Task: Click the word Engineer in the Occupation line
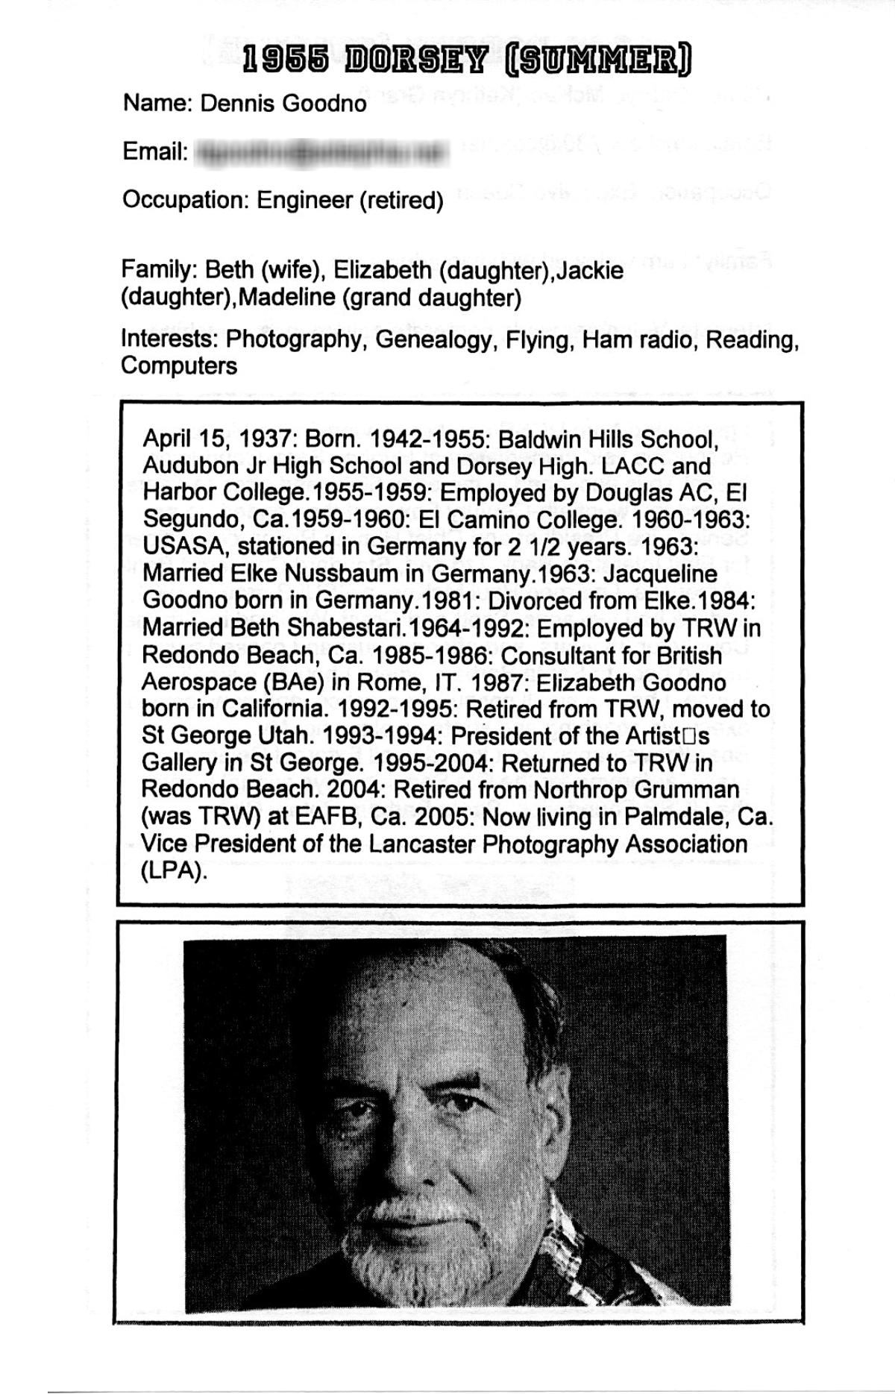tap(304, 200)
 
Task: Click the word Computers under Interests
tap(179, 366)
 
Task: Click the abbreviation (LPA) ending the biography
tap(172, 872)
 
